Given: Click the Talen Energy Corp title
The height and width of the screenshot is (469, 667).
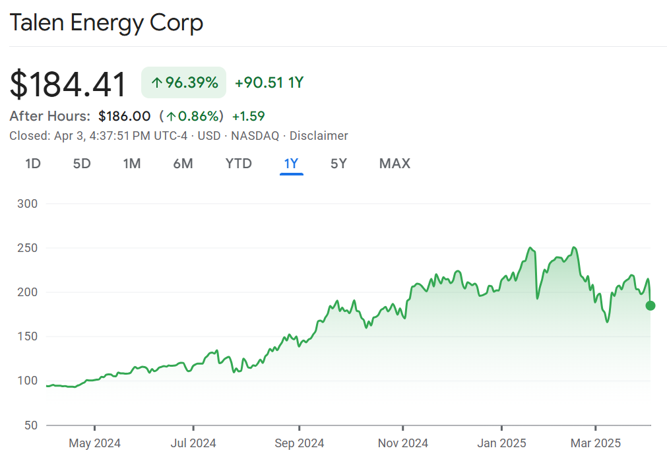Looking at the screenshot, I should pyautogui.click(x=106, y=24).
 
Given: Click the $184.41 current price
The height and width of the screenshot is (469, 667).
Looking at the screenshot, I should pyautogui.click(x=68, y=84).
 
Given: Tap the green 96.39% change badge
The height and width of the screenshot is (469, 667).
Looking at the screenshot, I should pyautogui.click(x=184, y=83).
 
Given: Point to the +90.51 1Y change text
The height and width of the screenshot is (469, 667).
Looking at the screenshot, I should pyautogui.click(x=269, y=83).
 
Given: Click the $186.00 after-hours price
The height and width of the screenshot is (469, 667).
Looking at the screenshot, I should pyautogui.click(x=125, y=117).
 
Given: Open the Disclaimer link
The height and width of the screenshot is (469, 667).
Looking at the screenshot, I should pyautogui.click(x=319, y=136).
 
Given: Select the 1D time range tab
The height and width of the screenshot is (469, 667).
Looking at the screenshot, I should pyautogui.click(x=33, y=164).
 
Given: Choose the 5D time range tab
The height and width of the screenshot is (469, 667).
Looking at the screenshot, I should pyautogui.click(x=82, y=164).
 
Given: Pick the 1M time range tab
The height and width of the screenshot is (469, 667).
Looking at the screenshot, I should pyautogui.click(x=132, y=164).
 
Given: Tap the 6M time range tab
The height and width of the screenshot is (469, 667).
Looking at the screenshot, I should pyautogui.click(x=183, y=164).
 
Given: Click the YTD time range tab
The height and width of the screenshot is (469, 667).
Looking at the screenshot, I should pyautogui.click(x=239, y=164).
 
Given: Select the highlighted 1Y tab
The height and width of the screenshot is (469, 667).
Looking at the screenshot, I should pyautogui.click(x=291, y=164).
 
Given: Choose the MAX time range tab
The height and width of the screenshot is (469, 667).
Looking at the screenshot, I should pyautogui.click(x=395, y=164).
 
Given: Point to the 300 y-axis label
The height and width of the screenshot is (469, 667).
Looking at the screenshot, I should pyautogui.click(x=26, y=204).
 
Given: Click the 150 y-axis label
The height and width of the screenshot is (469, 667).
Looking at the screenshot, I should pyautogui.click(x=26, y=336).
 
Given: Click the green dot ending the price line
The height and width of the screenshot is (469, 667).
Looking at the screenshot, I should pyautogui.click(x=651, y=305).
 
